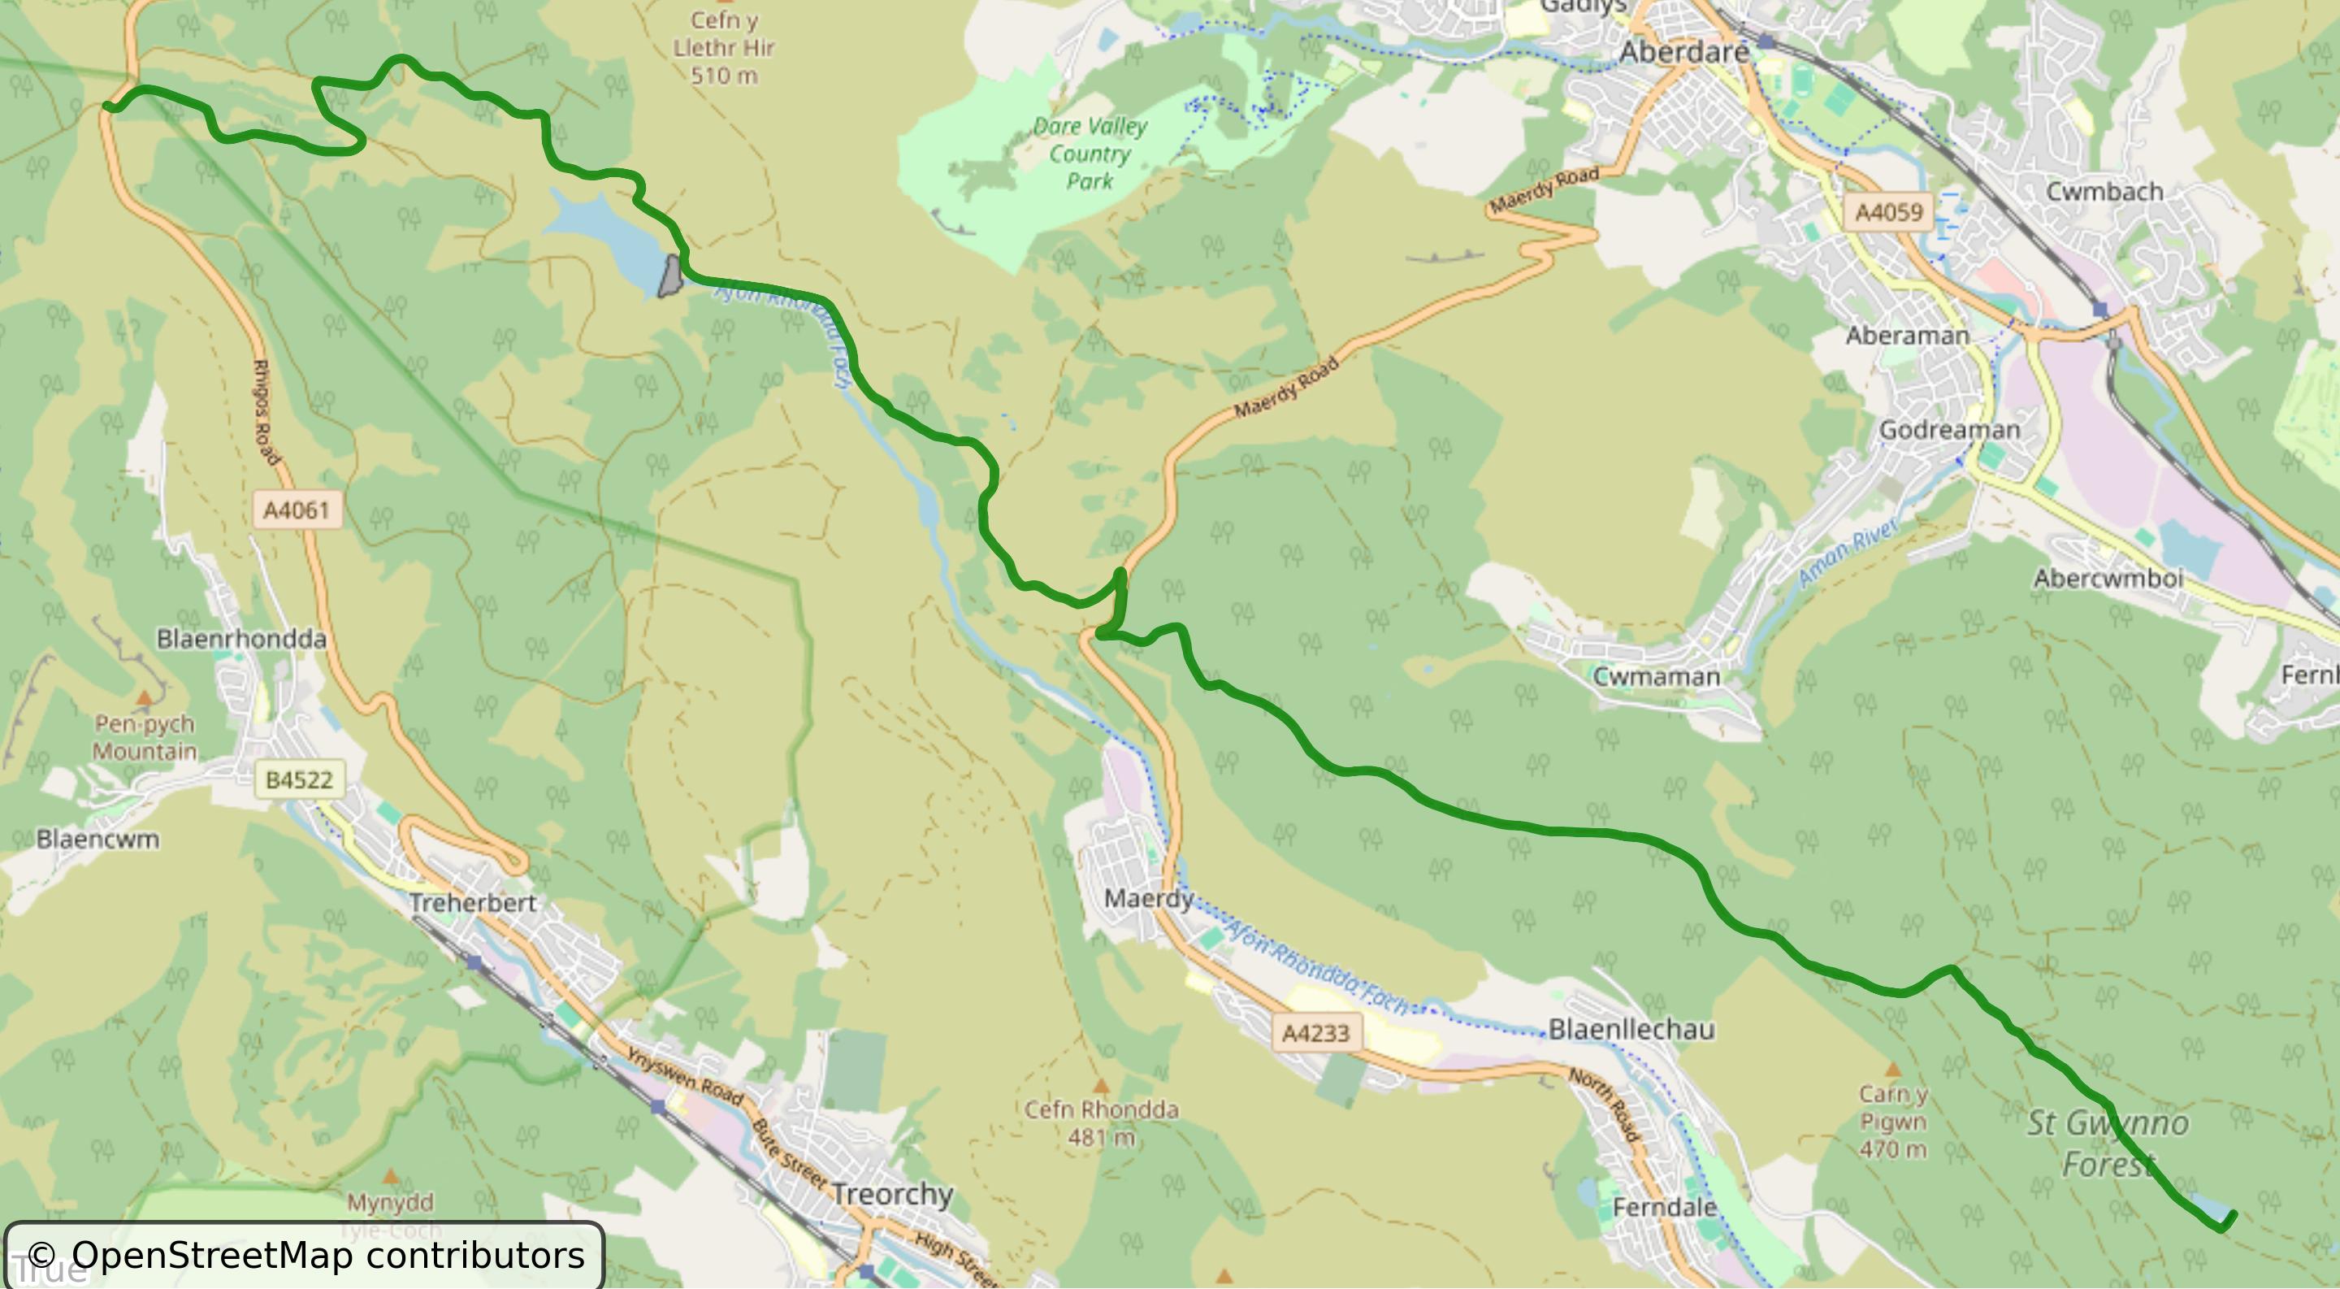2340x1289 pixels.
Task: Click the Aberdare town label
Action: click(1683, 52)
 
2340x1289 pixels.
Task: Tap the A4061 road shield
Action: click(296, 510)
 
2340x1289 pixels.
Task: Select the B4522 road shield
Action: click(299, 779)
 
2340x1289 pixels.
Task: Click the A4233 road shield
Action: click(1315, 1033)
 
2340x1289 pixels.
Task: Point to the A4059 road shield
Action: click(1888, 213)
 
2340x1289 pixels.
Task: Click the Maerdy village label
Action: click(1148, 898)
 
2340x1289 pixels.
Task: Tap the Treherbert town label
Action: click(472, 903)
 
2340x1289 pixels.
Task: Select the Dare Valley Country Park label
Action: click(1089, 154)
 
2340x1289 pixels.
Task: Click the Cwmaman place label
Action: click(1656, 677)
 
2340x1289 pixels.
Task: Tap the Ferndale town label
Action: click(1664, 1207)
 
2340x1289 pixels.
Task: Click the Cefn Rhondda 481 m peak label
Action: click(1101, 1122)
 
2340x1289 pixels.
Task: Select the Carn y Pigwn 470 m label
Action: click(1892, 1121)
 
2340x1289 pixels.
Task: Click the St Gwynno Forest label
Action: click(2108, 1143)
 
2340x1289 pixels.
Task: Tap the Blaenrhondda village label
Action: click(241, 639)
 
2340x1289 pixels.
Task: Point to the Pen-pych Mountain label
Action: click(145, 736)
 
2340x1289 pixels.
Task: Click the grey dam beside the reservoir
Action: click(670, 276)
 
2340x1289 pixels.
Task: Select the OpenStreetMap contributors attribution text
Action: click(305, 1256)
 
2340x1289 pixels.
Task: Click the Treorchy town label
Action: click(891, 1194)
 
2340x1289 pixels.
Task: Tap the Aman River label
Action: click(1848, 550)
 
